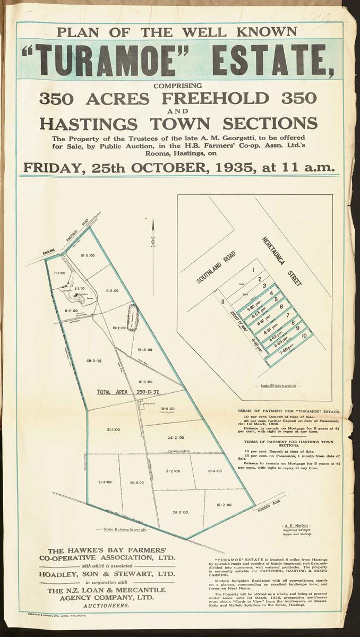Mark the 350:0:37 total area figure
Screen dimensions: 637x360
(x=149, y=392)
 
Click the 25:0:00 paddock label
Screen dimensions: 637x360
(x=137, y=483)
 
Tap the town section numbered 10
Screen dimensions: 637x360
(x=304, y=336)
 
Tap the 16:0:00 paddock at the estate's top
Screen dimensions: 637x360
(x=88, y=255)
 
